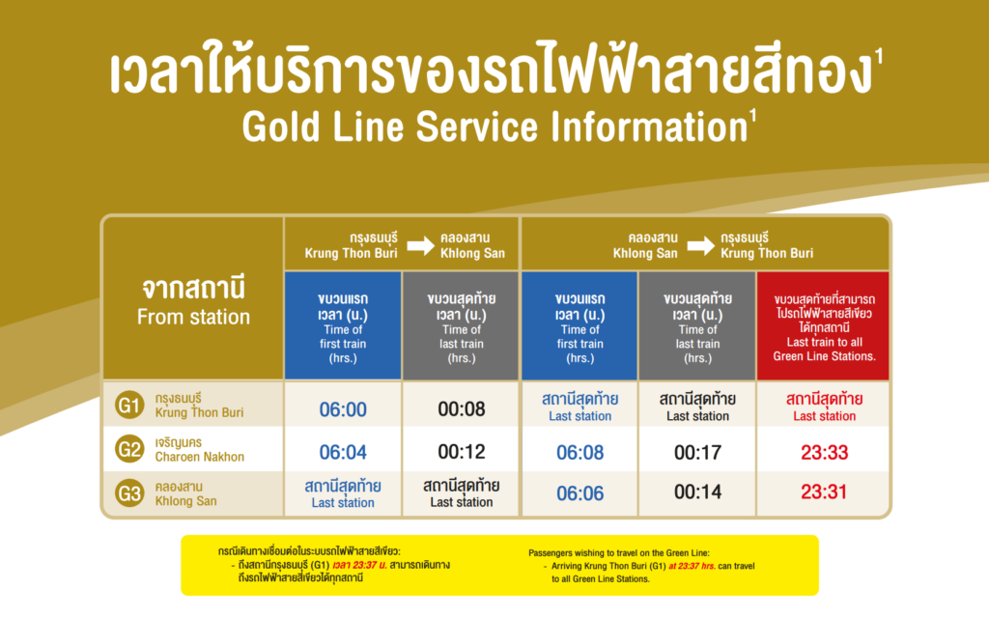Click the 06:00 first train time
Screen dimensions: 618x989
(343, 409)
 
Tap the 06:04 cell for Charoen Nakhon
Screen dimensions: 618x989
(343, 452)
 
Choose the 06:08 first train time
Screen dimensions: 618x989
(579, 452)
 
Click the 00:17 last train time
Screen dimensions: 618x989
(697, 452)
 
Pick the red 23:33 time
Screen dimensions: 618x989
(824, 452)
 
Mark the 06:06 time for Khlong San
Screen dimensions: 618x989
(579, 493)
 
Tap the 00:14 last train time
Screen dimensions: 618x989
(697, 493)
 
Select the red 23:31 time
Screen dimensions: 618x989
(824, 493)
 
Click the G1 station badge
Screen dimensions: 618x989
(129, 406)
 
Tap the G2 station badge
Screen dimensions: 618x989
(129, 449)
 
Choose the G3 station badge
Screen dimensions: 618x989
(129, 494)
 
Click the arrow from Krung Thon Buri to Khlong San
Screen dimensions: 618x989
(420, 245)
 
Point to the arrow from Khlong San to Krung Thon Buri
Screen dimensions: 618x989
(700, 245)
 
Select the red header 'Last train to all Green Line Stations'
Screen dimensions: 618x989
(824, 328)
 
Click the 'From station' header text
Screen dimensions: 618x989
(193, 317)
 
